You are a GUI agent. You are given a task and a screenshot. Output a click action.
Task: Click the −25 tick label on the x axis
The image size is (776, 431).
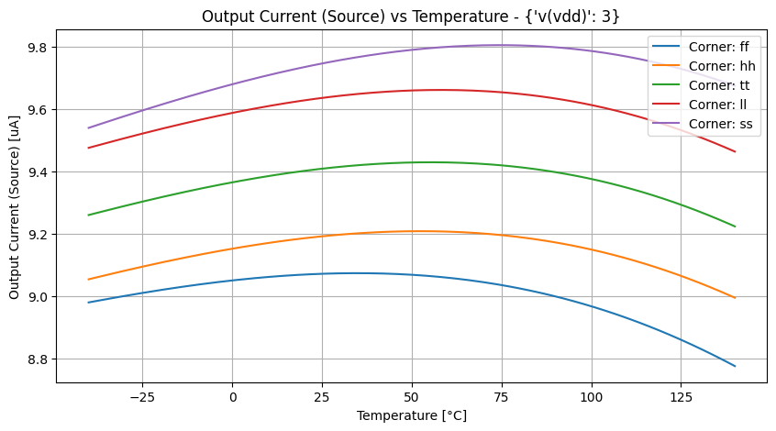(x=142, y=396)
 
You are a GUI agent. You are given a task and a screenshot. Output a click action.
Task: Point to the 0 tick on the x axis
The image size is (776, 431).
(x=232, y=396)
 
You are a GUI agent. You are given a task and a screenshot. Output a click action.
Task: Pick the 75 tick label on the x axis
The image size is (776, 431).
(x=502, y=396)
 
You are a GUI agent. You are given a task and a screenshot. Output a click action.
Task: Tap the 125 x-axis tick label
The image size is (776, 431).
(x=681, y=396)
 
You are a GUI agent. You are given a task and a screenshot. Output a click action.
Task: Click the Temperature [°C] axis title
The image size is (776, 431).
(x=411, y=415)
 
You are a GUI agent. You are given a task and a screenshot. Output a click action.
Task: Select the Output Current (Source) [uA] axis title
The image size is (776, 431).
(x=16, y=213)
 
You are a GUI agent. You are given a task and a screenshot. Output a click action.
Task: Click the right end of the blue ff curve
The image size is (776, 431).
(x=735, y=366)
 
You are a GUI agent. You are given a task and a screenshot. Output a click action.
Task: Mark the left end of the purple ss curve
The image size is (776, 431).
(x=88, y=127)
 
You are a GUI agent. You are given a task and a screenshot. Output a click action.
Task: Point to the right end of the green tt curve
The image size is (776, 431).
(x=735, y=227)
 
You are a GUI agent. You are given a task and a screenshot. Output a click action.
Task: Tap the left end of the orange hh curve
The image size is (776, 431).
(x=88, y=279)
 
